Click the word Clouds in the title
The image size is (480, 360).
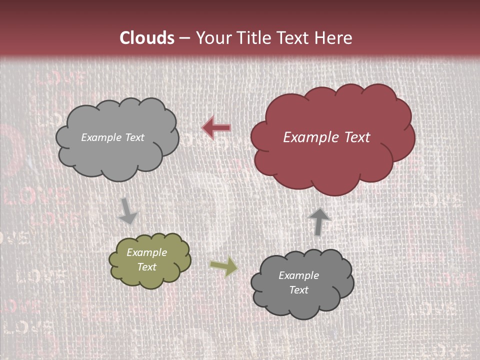click(x=147, y=38)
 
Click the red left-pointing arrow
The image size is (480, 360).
click(x=216, y=128)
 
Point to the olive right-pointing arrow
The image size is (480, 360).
click(x=223, y=266)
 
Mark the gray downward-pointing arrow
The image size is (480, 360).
click(x=127, y=211)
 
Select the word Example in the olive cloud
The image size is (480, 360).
click(x=147, y=252)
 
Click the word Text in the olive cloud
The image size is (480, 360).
click(x=147, y=267)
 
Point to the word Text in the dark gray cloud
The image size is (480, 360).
click(x=299, y=290)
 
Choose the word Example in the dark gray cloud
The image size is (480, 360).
click(x=299, y=275)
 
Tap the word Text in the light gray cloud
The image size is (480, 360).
click(x=134, y=137)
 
